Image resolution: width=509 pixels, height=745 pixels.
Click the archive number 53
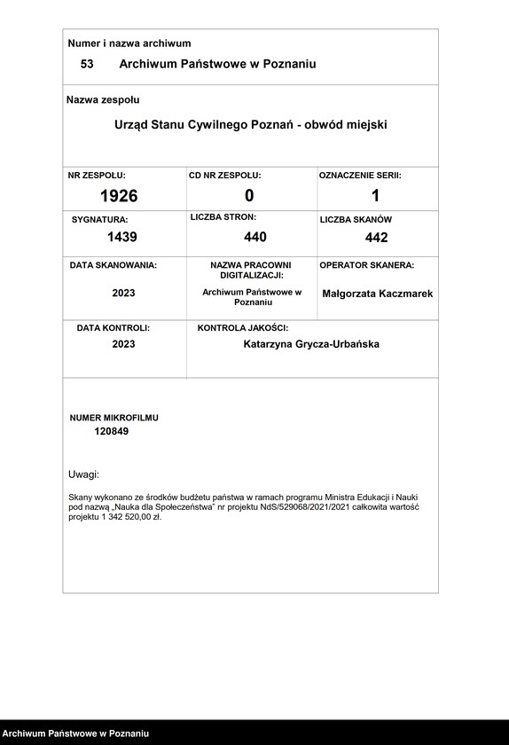pyautogui.click(x=87, y=64)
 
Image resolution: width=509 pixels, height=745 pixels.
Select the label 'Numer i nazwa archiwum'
pyautogui.click(x=129, y=43)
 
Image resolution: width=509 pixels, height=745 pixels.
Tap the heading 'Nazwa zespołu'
pyautogui.click(x=103, y=100)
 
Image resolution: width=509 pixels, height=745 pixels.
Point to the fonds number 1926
pyautogui.click(x=119, y=196)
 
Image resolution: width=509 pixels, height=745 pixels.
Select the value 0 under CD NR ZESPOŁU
pyautogui.click(x=249, y=196)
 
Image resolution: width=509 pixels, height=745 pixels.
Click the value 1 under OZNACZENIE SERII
pyautogui.click(x=375, y=196)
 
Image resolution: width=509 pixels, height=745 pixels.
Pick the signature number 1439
pyautogui.click(x=122, y=237)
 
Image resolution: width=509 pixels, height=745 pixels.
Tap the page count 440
pyautogui.click(x=255, y=237)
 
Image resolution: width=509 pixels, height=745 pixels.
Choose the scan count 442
pyautogui.click(x=376, y=238)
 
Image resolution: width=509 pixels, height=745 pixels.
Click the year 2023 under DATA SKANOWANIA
pyautogui.click(x=123, y=293)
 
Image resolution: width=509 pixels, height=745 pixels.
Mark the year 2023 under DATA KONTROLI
pyautogui.click(x=123, y=344)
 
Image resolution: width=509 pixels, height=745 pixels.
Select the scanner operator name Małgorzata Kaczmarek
pyautogui.click(x=378, y=294)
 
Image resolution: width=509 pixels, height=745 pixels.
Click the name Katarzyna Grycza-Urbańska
pyautogui.click(x=311, y=344)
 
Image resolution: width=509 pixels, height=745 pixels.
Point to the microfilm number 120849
pyautogui.click(x=111, y=431)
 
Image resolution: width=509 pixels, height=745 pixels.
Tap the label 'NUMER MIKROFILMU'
pyautogui.click(x=114, y=417)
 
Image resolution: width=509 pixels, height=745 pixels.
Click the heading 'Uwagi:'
pyautogui.click(x=83, y=474)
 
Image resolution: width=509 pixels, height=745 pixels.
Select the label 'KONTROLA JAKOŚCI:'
pyautogui.click(x=243, y=328)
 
